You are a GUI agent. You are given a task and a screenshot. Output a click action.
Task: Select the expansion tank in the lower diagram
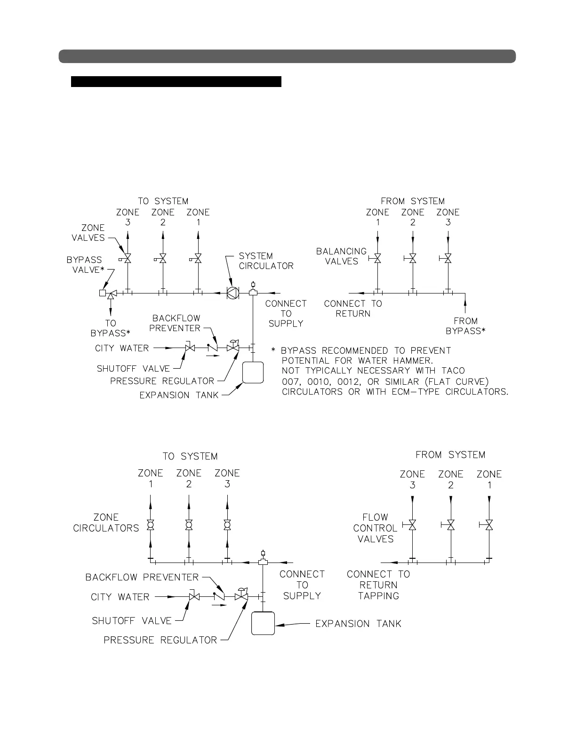pos(263,623)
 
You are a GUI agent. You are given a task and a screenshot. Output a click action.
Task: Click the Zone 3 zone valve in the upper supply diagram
pos(128,259)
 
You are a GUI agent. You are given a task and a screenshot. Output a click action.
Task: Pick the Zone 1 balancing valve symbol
pos(377,258)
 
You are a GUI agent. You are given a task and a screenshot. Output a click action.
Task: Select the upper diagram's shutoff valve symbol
pos(190,348)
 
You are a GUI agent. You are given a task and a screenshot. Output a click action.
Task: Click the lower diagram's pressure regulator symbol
pos(241,596)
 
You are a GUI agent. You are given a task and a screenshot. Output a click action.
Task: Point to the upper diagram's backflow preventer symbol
pos(213,348)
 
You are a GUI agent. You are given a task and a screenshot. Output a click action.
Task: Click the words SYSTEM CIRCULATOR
pos(266,261)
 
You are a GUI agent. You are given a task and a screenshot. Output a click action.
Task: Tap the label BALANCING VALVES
pos(341,256)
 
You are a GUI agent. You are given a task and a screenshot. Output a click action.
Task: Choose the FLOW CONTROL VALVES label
pos(375,528)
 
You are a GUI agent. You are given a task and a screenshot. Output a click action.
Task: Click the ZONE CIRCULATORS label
pos(106,523)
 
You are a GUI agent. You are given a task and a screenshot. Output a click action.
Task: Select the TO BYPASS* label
pos(110,328)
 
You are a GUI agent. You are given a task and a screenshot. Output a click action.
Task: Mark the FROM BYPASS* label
pos(465,326)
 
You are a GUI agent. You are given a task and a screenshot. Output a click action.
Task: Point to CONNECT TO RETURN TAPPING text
pos(378,585)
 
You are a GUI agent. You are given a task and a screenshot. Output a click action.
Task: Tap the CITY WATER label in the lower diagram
pos(120,597)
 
